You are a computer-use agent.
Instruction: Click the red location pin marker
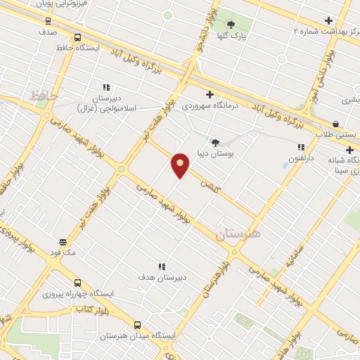[x=180, y=166]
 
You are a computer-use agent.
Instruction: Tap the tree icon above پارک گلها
[x=231, y=26]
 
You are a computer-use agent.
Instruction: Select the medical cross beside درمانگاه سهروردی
[x=208, y=94]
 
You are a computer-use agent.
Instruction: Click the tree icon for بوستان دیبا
[x=214, y=142]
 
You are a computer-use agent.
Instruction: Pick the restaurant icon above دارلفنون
[x=301, y=148]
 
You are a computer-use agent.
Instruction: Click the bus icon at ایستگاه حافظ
[x=77, y=39]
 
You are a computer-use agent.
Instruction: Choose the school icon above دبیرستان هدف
[x=162, y=266]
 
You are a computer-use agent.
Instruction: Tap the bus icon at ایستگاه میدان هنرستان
[x=136, y=325]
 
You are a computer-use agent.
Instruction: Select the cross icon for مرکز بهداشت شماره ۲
[x=328, y=21]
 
